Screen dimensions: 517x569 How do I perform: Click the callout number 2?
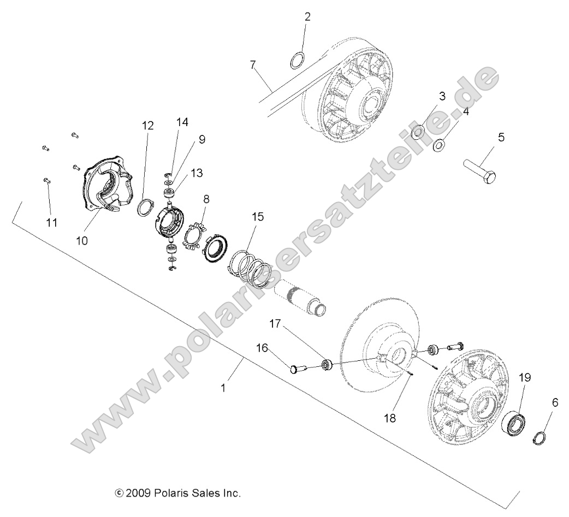pos(307,17)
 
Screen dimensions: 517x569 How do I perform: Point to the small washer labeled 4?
pos(438,146)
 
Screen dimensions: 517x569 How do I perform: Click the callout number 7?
pos(253,66)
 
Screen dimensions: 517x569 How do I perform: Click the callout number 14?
pos(182,123)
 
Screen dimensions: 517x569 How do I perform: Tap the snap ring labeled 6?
pos(540,438)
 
